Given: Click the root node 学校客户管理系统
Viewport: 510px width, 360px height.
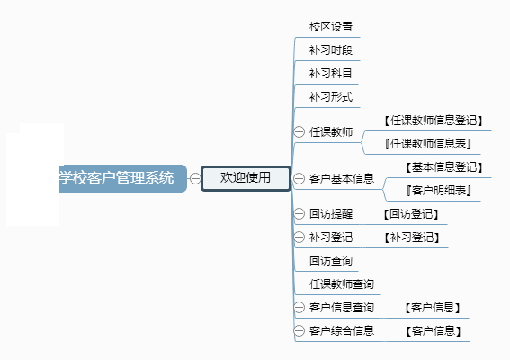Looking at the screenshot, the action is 123,178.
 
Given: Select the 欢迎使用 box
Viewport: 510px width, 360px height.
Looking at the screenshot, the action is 246,178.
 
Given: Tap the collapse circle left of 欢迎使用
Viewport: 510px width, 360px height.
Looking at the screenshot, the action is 195,178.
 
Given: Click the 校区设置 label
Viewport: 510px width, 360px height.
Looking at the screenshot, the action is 331,27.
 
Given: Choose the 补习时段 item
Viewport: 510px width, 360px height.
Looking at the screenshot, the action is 331,50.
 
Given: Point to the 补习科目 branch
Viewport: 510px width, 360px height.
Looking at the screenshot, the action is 330,74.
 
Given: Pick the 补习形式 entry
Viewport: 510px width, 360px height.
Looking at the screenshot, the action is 331,97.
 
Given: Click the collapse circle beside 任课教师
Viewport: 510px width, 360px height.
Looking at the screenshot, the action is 299,131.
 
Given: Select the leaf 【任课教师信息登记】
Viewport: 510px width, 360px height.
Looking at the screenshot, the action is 433,121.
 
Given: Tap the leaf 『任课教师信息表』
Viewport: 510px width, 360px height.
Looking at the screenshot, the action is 428,143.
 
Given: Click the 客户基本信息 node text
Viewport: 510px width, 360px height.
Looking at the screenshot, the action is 342,179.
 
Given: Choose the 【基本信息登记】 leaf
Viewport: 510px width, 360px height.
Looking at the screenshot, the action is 443,167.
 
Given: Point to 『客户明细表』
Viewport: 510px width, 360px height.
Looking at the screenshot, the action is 439,191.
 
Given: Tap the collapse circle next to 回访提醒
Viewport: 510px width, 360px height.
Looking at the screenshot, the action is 299,214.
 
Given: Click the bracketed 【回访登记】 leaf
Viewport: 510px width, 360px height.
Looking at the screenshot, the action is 411,214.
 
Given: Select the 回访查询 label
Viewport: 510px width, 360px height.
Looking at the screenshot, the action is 331,261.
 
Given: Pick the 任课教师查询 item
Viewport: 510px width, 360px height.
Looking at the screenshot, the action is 342,284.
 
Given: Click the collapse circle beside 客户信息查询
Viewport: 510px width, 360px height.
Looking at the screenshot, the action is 299,307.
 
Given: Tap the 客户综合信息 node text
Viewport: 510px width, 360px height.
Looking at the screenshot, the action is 342,331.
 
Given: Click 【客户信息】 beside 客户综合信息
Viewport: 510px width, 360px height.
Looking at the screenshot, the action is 434,331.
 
